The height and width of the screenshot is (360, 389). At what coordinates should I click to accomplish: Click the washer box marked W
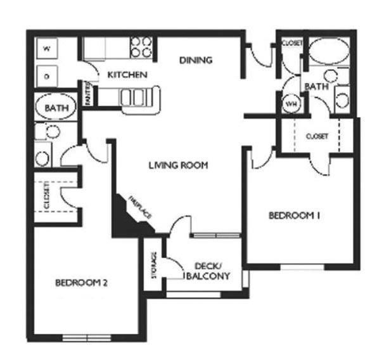[47, 48]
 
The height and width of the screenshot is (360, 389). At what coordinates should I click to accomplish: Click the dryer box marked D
[47, 76]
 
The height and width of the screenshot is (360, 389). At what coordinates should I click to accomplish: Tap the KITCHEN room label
[127, 75]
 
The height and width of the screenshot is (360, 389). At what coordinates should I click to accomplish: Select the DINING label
[195, 60]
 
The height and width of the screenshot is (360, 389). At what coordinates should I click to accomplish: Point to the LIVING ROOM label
[178, 166]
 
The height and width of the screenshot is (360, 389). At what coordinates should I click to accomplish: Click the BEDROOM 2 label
[80, 283]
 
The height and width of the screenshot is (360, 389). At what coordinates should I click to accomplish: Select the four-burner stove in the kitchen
[141, 48]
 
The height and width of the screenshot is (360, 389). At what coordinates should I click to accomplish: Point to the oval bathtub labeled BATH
[55, 108]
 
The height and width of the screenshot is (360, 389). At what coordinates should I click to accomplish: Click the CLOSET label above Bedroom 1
[316, 136]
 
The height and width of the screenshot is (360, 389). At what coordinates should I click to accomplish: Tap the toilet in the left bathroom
[52, 131]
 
